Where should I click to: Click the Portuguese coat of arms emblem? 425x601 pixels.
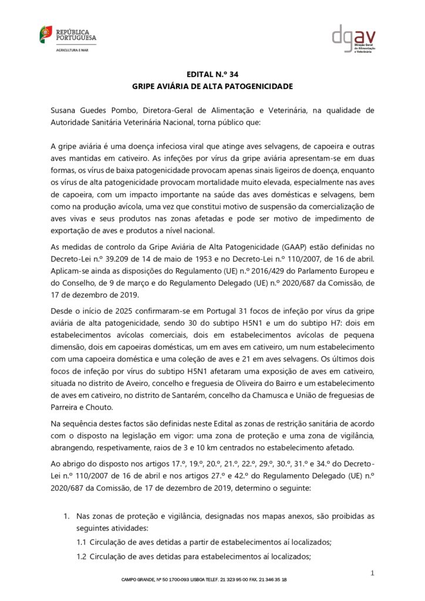point(45,33)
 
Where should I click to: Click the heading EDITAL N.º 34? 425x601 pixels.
point(212,75)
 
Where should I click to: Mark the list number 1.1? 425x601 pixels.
point(82,542)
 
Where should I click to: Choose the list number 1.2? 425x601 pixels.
point(82,556)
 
